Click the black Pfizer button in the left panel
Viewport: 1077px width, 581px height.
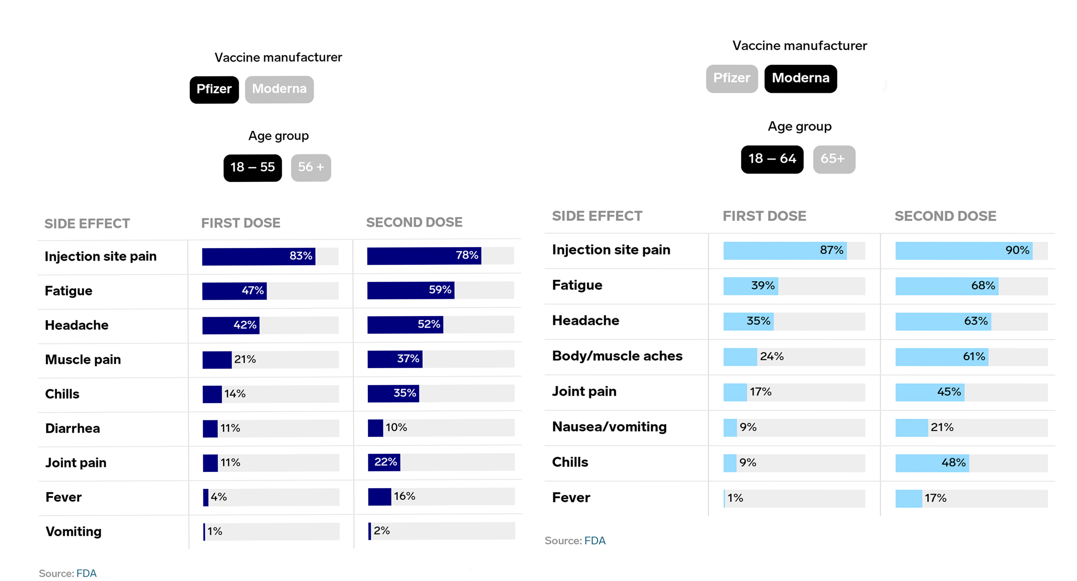click(x=214, y=90)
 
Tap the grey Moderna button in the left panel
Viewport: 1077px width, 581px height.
click(x=279, y=90)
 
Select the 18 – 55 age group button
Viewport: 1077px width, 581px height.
click(x=252, y=168)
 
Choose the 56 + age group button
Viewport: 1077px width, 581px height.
click(x=311, y=168)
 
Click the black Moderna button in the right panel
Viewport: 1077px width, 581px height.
click(x=800, y=79)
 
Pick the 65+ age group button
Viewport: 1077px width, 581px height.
click(x=833, y=159)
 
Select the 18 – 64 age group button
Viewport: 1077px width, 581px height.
click(x=772, y=159)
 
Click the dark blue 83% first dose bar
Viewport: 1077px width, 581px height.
click(x=258, y=256)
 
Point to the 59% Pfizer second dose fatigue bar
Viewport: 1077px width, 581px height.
click(x=410, y=290)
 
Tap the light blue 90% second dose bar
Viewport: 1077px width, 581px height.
click(x=963, y=251)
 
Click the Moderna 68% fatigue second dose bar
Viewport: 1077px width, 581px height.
click(x=947, y=286)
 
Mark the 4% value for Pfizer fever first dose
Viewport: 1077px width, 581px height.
click(x=218, y=497)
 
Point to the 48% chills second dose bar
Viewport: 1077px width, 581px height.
click(x=932, y=463)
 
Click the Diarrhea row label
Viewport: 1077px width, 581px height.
click(x=73, y=428)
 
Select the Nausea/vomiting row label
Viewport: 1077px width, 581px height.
click(x=609, y=427)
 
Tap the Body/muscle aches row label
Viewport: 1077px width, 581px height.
click(x=617, y=356)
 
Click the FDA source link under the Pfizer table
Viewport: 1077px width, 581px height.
click(x=86, y=573)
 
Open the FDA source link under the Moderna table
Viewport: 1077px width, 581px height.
click(x=595, y=541)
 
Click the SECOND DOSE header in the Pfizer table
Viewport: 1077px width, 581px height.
click(x=414, y=222)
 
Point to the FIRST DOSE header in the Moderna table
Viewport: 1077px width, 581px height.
click(x=764, y=216)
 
